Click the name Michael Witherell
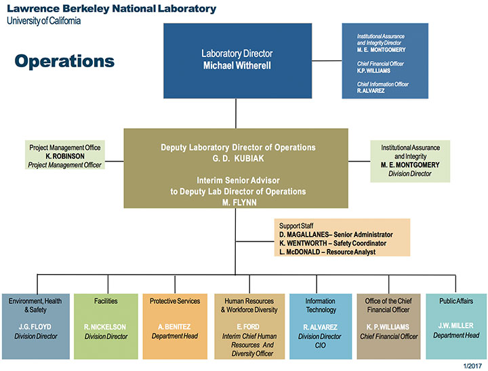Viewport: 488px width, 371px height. pyautogui.click(x=237, y=65)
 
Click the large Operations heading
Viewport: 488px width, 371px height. pyautogui.click(x=64, y=61)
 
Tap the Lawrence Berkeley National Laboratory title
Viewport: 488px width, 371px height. pyautogui.click(x=111, y=8)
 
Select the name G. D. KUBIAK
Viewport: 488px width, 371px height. pyautogui.click(x=238, y=158)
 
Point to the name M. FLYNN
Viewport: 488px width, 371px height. pyautogui.click(x=239, y=203)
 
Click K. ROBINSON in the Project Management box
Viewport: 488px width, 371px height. pyautogui.click(x=65, y=156)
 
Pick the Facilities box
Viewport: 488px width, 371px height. pyautogui.click(x=106, y=326)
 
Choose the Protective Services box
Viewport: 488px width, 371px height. pyautogui.click(x=175, y=326)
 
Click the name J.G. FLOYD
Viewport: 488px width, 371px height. pyautogui.click(x=35, y=327)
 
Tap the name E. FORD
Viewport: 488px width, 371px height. pyautogui.click(x=248, y=327)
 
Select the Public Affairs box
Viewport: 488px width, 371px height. pyautogui.click(x=456, y=326)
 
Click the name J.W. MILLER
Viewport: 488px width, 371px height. pyautogui.click(x=456, y=326)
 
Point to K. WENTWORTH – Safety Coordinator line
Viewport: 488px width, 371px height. pyautogui.click(x=333, y=243)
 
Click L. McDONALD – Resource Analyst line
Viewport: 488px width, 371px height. pyautogui.click(x=327, y=252)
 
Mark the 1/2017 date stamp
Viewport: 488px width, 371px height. pyautogui.click(x=472, y=366)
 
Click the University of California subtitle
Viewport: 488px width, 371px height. pyautogui.click(x=44, y=21)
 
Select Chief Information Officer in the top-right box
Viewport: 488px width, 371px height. pyautogui.click(x=383, y=84)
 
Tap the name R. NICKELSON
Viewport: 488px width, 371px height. pyautogui.click(x=105, y=327)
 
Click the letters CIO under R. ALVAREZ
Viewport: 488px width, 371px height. pyautogui.click(x=320, y=345)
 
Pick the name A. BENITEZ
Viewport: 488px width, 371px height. pyautogui.click(x=174, y=327)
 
